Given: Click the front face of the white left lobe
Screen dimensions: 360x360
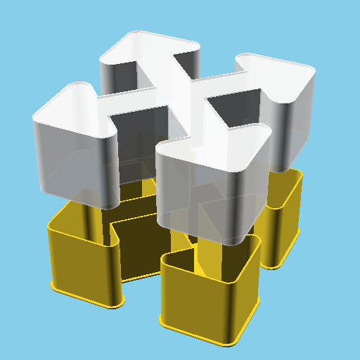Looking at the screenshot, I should point(70,162).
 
